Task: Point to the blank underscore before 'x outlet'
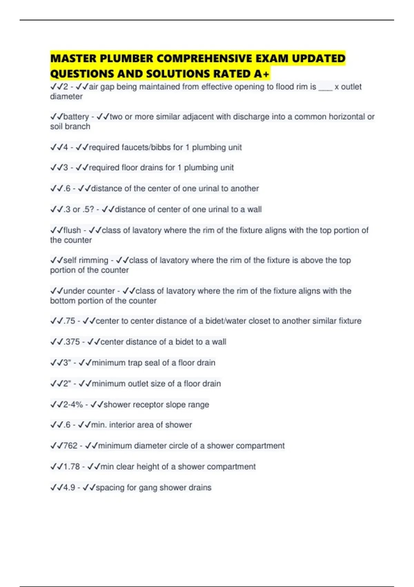(325, 87)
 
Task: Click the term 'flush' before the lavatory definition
(72, 230)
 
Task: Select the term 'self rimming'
(86, 260)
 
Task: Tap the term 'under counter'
(89, 291)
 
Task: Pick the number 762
(70, 446)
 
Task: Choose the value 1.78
(71, 466)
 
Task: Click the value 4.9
(69, 488)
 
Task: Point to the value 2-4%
(73, 404)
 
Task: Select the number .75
(69, 321)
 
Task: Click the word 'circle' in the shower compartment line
(188, 446)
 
